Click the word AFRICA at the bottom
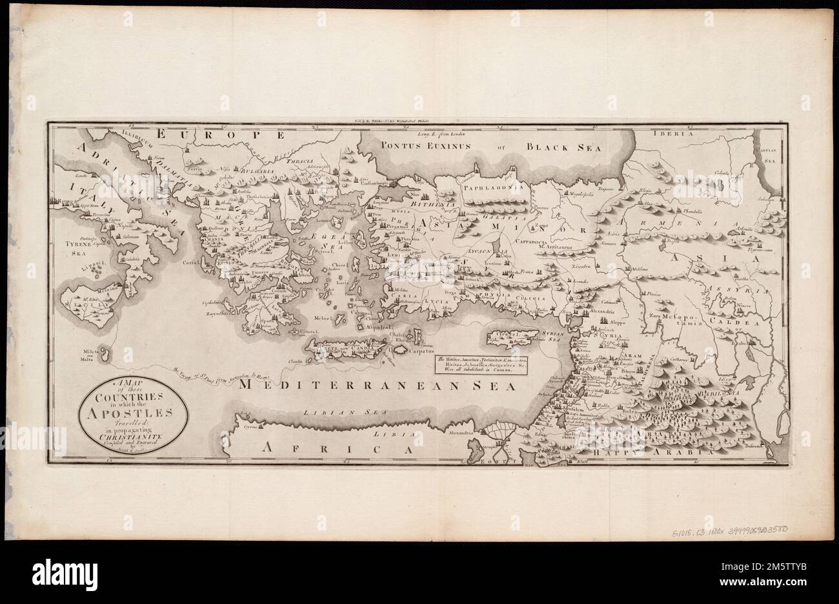pos(334,446)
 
